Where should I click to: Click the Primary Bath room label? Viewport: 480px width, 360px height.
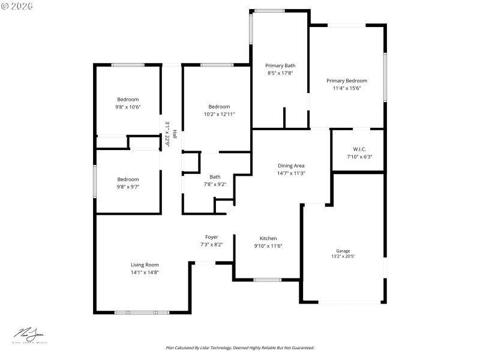[x=280, y=66]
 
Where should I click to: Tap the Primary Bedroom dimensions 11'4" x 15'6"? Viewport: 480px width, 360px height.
[x=347, y=88]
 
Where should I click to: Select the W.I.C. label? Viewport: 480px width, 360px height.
[x=359, y=149]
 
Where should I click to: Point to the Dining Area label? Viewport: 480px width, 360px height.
[x=291, y=166]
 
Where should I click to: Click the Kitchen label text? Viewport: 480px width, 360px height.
[x=268, y=238]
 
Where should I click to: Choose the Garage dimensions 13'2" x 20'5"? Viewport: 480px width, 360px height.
[x=343, y=257]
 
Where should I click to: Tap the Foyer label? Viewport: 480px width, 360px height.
[x=211, y=237]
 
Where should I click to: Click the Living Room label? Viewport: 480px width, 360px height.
[x=145, y=265]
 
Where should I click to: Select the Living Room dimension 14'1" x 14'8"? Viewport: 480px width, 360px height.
[x=145, y=272]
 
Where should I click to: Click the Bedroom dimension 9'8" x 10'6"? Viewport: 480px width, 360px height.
[x=128, y=107]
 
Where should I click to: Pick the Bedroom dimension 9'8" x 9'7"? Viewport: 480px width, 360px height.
[x=128, y=187]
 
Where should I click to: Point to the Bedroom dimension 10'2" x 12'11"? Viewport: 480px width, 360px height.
[x=219, y=114]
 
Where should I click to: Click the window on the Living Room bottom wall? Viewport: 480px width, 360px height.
[x=142, y=312]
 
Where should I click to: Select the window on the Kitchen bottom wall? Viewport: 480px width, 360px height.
[x=267, y=280]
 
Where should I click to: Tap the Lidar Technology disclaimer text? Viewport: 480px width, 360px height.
[x=240, y=347]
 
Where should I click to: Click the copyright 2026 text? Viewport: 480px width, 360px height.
[x=17, y=5]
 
